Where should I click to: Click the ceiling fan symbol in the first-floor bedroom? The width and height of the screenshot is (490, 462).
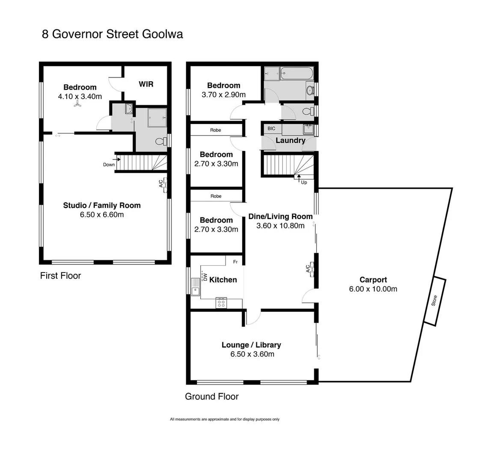point(77,105)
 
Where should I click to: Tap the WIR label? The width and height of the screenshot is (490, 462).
point(146,84)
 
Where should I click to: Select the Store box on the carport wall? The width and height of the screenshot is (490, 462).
point(434,301)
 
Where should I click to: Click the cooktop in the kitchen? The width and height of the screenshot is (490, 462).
point(222,303)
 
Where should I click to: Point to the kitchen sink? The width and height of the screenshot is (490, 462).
point(196,286)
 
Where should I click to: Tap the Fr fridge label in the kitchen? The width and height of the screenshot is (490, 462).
point(235,261)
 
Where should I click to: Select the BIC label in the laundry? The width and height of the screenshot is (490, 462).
point(271,128)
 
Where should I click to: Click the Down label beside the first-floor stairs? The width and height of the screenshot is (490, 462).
point(109,165)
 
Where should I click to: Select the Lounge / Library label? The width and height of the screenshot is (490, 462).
point(251,345)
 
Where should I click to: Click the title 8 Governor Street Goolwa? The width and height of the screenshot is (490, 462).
point(113,34)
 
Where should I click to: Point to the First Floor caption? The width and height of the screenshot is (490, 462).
point(60,275)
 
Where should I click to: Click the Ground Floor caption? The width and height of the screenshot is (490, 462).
point(211,397)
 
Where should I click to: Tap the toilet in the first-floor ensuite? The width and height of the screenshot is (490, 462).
point(160,141)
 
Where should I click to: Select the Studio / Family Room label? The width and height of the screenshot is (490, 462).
point(102,205)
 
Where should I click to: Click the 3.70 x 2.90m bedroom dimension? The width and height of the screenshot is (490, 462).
point(224,94)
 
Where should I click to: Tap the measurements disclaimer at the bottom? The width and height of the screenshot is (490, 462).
point(224,419)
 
